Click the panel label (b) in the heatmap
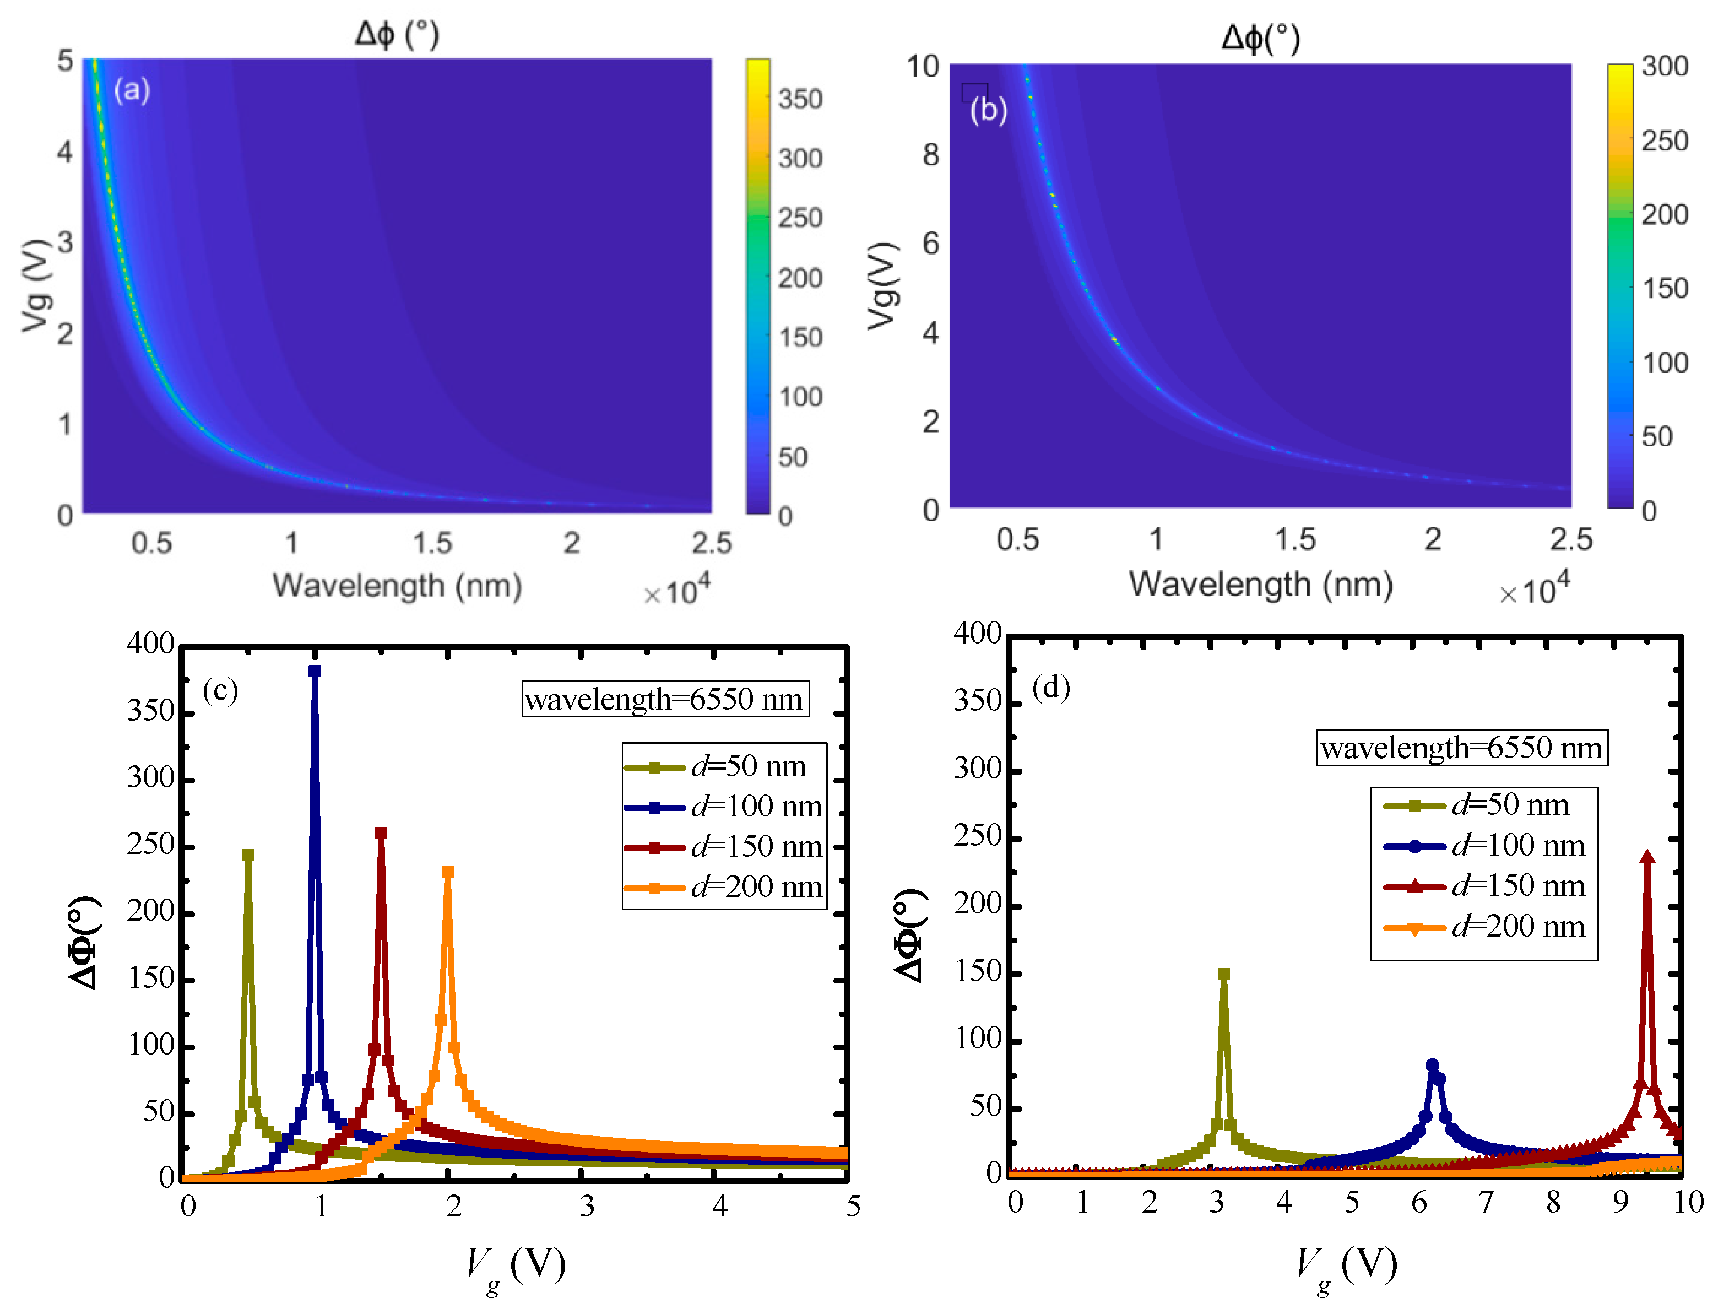pos(988,110)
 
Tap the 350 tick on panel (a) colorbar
pos(799,99)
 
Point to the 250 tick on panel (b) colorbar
pos(1664,141)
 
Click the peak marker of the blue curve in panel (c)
pos(315,671)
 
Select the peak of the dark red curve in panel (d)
pos(1647,857)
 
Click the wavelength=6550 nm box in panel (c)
pos(665,699)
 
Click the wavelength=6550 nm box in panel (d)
pos(1461,747)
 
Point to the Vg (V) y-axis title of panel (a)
pos(37,285)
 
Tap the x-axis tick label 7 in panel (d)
pos(1486,1202)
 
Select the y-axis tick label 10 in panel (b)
pos(922,67)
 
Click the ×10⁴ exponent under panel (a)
pos(677,591)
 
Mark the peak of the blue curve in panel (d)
pos(1432,1066)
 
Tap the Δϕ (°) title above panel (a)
pos(397,34)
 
